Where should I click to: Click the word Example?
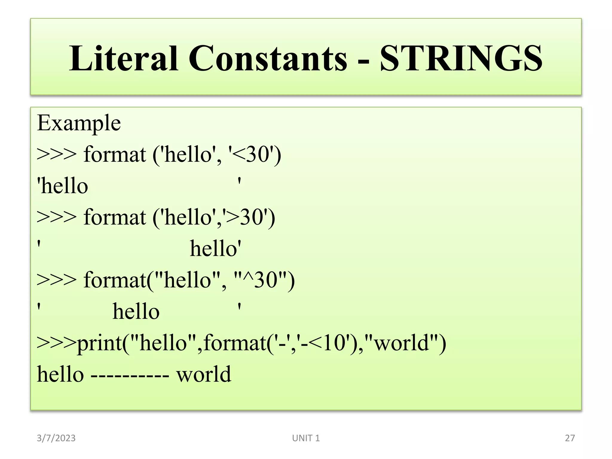[x=79, y=123]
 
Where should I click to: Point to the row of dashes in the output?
[x=130, y=375]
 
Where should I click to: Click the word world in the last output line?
[x=204, y=374]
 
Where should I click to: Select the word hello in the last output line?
[x=60, y=374]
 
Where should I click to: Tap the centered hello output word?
[x=136, y=311]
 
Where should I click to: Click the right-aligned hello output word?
[x=215, y=249]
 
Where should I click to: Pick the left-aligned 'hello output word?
[x=63, y=186]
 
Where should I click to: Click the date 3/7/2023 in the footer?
[x=56, y=438]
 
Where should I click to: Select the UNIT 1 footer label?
[x=306, y=438]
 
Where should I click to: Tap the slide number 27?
[x=570, y=438]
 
